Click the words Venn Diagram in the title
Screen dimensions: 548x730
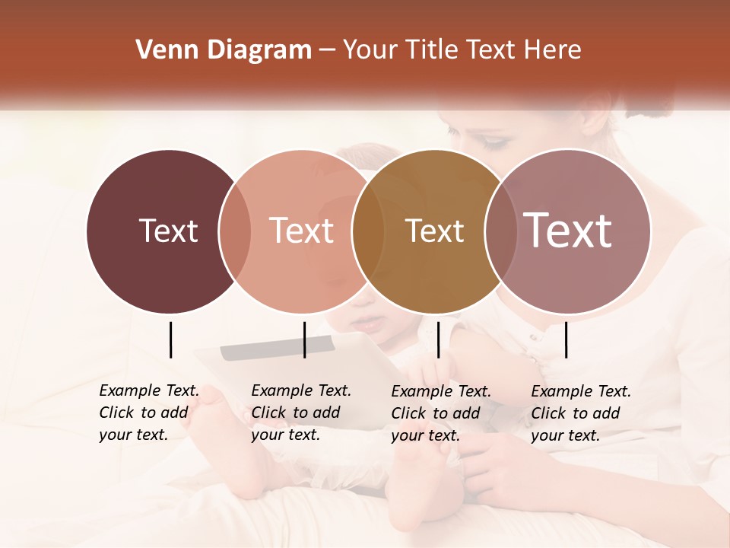[224, 50]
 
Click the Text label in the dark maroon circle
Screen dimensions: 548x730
[168, 231]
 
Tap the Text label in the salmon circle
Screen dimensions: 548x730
[302, 231]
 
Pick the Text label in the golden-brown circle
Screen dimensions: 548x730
[434, 231]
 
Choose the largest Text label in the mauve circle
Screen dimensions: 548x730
[567, 231]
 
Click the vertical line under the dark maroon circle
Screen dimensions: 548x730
[170, 339]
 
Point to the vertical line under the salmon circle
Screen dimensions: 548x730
[304, 339]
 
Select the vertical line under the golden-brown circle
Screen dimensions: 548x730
[438, 339]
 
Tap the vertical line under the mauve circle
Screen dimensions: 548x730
[566, 339]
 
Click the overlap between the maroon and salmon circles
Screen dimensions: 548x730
[235, 231]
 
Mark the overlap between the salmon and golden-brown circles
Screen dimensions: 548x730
[368, 231]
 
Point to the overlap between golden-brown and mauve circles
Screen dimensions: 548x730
[499, 231]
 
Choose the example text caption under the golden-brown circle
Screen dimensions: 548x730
[440, 413]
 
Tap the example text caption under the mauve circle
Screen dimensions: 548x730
[580, 413]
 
